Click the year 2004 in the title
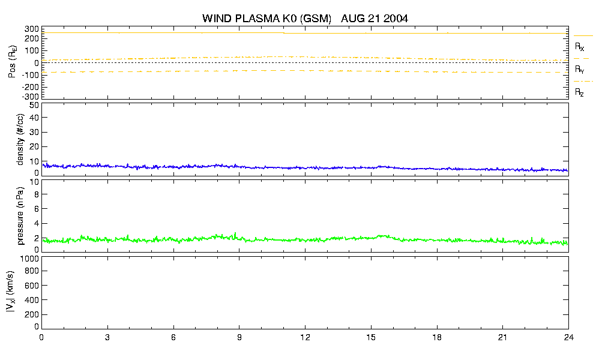tap(396, 18)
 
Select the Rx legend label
tap(579, 47)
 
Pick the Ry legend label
tap(579, 70)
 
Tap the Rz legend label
tap(579, 92)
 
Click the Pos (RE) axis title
tap(13, 62)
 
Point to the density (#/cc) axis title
tap(20, 139)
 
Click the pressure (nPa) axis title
tap(20, 215)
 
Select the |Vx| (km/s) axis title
tap(11, 292)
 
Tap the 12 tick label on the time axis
tap(305, 338)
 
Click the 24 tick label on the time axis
tap(568, 338)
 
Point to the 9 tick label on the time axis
tap(239, 338)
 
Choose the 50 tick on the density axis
tap(34, 106)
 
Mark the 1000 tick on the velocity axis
tap(29, 259)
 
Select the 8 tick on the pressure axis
tap(37, 194)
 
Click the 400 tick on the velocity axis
tap(32, 300)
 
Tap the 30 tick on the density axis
tap(34, 132)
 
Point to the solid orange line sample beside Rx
tap(583, 36)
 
